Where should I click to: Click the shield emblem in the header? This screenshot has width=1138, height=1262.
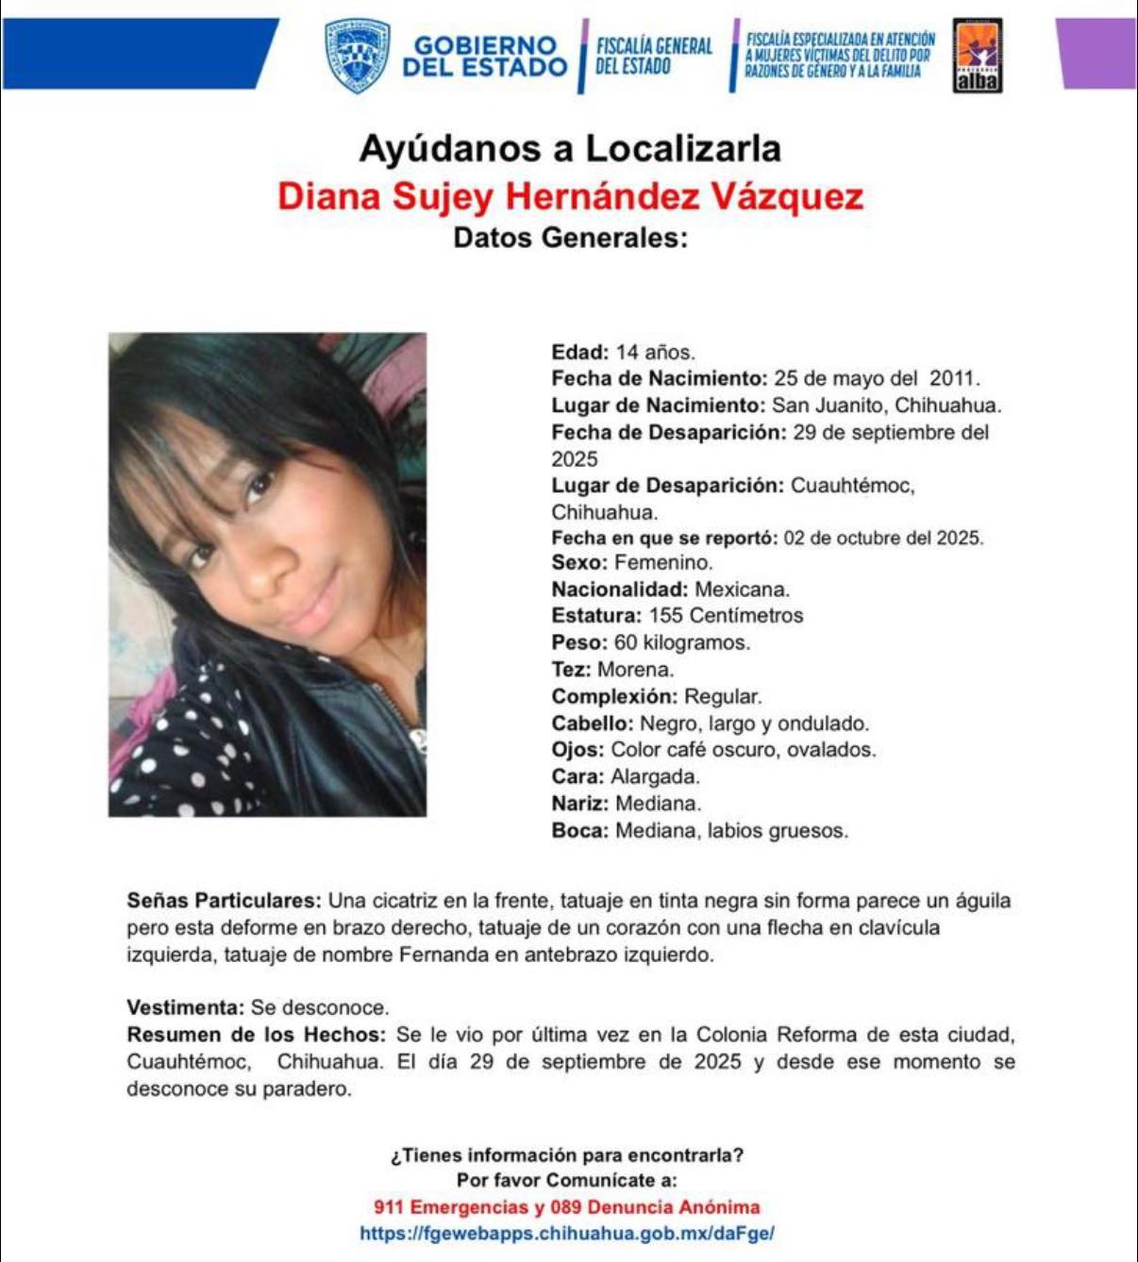click(x=357, y=56)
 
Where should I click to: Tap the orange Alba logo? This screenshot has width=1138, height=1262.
click(x=977, y=56)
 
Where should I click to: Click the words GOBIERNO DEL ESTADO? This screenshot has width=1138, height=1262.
click(x=485, y=57)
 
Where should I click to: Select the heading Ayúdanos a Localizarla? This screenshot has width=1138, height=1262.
click(x=570, y=149)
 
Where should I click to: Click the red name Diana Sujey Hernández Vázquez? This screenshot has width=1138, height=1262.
click(x=570, y=196)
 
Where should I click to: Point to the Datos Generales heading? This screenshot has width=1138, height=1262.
click(x=570, y=238)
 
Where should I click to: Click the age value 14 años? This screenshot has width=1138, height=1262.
click(x=655, y=353)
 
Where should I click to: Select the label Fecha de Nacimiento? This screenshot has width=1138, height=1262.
click(x=660, y=379)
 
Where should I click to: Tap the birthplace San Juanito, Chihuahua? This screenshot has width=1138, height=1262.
click(x=886, y=407)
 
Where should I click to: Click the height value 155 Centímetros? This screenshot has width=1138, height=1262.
click(x=726, y=616)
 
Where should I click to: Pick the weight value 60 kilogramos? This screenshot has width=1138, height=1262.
click(x=681, y=643)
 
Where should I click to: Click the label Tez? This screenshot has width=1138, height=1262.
click(x=571, y=670)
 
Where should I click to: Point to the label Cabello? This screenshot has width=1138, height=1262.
click(x=592, y=723)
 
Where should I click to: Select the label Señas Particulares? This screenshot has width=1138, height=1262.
click(x=224, y=901)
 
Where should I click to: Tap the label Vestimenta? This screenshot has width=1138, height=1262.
click(x=186, y=1007)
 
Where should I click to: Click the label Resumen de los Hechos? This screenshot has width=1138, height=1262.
click(x=256, y=1035)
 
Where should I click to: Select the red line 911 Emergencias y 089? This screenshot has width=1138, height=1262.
click(x=566, y=1207)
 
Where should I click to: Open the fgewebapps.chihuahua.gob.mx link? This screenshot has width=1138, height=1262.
click(x=566, y=1234)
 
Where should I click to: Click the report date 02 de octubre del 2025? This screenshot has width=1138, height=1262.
click(x=883, y=539)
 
